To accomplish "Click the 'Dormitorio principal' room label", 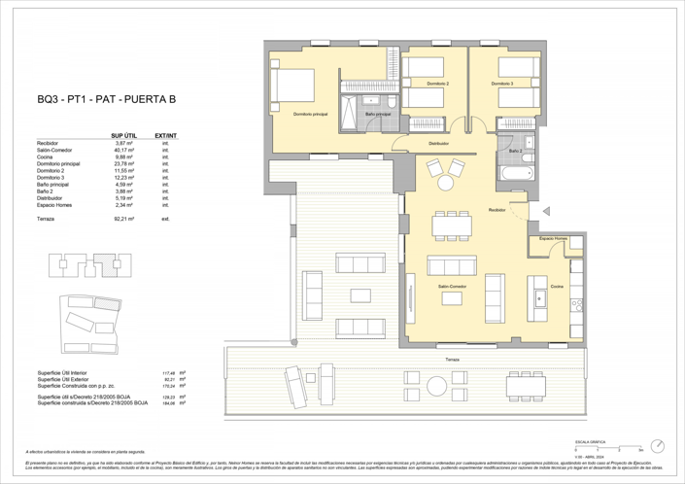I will [x=308, y=114].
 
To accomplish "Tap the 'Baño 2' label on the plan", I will [x=515, y=152].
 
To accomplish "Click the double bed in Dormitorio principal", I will [x=291, y=87].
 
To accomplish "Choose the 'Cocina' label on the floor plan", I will [x=556, y=287].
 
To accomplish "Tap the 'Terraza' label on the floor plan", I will [x=453, y=360].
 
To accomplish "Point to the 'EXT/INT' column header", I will [x=165, y=136].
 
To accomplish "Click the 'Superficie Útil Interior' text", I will [x=65, y=372].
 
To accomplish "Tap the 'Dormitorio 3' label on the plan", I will [x=502, y=84].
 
